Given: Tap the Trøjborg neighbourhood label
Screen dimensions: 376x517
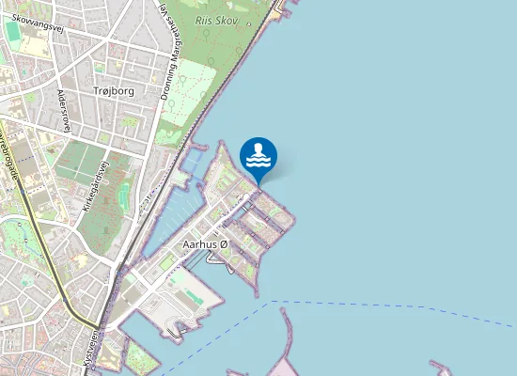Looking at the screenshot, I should [114, 91].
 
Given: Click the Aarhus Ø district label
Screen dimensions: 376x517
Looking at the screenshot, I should [206, 244].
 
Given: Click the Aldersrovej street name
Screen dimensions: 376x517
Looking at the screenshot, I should [64, 111].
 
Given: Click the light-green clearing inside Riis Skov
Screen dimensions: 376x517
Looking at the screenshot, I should [196, 85].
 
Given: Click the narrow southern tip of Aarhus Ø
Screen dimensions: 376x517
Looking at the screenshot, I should [257, 287].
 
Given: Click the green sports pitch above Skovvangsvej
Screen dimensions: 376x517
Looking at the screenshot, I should [13, 31].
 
